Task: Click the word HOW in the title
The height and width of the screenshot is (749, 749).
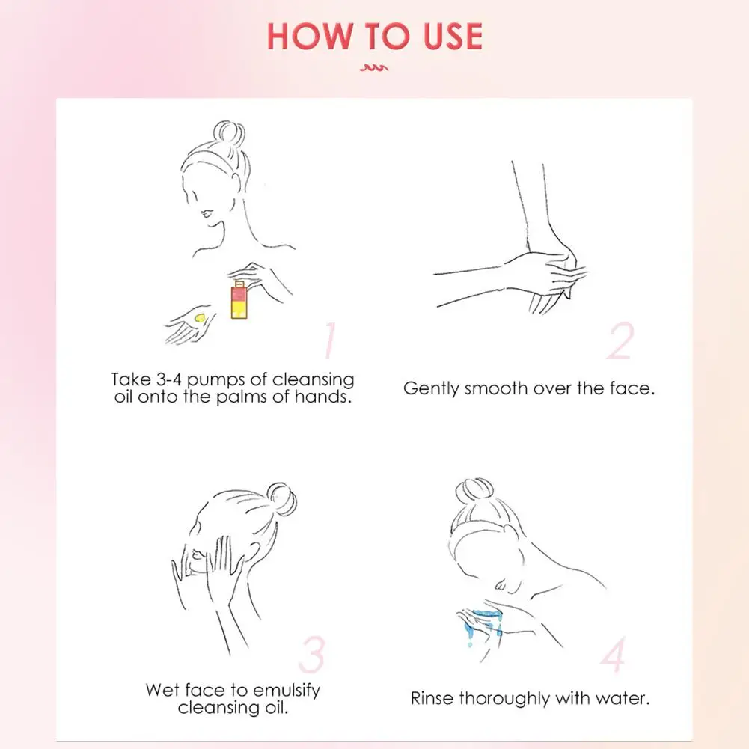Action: [x=308, y=37]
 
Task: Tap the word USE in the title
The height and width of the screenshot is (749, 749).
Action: [x=453, y=37]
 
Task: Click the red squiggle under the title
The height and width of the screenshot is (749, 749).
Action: [x=374, y=68]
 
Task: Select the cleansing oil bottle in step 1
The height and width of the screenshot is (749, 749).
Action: [x=239, y=299]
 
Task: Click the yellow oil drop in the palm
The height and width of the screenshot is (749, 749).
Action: [x=200, y=317]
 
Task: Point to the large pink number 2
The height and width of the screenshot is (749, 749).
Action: [x=620, y=340]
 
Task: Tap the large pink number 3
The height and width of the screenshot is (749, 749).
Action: [x=312, y=655]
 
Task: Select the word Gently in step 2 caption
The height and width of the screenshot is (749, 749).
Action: [x=432, y=388]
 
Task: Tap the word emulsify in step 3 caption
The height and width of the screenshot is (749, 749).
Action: [x=286, y=691]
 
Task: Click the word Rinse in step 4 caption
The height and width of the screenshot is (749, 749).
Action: [x=432, y=698]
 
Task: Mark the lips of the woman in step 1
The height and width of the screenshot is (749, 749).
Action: [x=206, y=213]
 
